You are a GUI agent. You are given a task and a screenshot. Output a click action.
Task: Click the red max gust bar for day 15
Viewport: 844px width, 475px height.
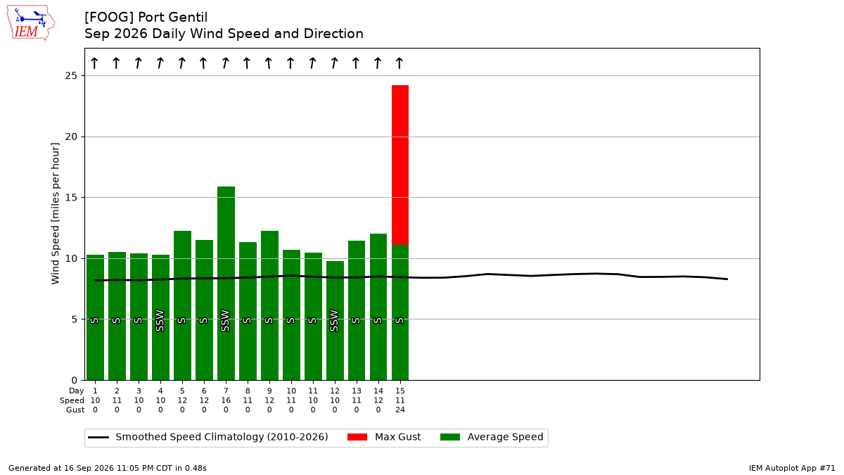click(400, 165)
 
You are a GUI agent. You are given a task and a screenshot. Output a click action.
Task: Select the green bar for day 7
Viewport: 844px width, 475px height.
click(226, 283)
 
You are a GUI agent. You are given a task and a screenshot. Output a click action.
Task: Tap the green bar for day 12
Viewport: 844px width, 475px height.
click(335, 320)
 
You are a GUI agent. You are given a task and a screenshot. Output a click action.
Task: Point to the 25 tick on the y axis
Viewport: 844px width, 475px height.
click(71, 76)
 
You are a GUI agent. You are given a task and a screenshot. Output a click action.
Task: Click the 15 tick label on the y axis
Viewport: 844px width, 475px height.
click(71, 198)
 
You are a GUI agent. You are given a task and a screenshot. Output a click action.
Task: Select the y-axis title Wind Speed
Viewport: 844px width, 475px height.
click(55, 213)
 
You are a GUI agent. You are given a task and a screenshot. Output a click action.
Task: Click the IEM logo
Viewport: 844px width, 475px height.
click(31, 23)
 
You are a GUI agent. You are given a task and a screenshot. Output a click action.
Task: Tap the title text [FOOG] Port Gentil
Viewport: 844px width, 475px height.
click(146, 17)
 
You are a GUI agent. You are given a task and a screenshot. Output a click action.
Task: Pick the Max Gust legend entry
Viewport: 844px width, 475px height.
click(383, 437)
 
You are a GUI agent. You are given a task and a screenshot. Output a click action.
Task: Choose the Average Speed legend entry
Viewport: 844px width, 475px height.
click(492, 437)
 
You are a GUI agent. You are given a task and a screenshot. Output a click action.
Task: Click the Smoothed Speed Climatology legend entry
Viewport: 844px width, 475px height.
click(208, 437)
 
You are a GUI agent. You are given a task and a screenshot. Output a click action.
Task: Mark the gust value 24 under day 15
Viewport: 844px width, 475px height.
click(400, 410)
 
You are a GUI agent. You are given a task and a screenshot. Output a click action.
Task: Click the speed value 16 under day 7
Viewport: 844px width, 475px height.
click(226, 400)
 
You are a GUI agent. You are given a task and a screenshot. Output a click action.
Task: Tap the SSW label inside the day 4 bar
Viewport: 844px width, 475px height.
click(160, 321)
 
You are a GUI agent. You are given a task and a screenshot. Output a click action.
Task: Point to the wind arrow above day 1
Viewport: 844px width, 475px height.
click(94, 63)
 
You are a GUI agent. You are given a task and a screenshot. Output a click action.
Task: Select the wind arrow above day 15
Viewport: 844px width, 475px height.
click(399, 63)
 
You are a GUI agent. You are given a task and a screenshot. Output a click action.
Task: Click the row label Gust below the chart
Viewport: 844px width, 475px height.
click(75, 410)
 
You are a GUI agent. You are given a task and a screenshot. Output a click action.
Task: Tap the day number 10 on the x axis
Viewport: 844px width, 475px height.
click(291, 391)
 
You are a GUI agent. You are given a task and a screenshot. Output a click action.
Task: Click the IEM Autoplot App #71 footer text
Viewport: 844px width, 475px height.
click(792, 468)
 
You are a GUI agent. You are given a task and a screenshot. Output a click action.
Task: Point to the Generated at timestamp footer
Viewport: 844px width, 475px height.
click(108, 468)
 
